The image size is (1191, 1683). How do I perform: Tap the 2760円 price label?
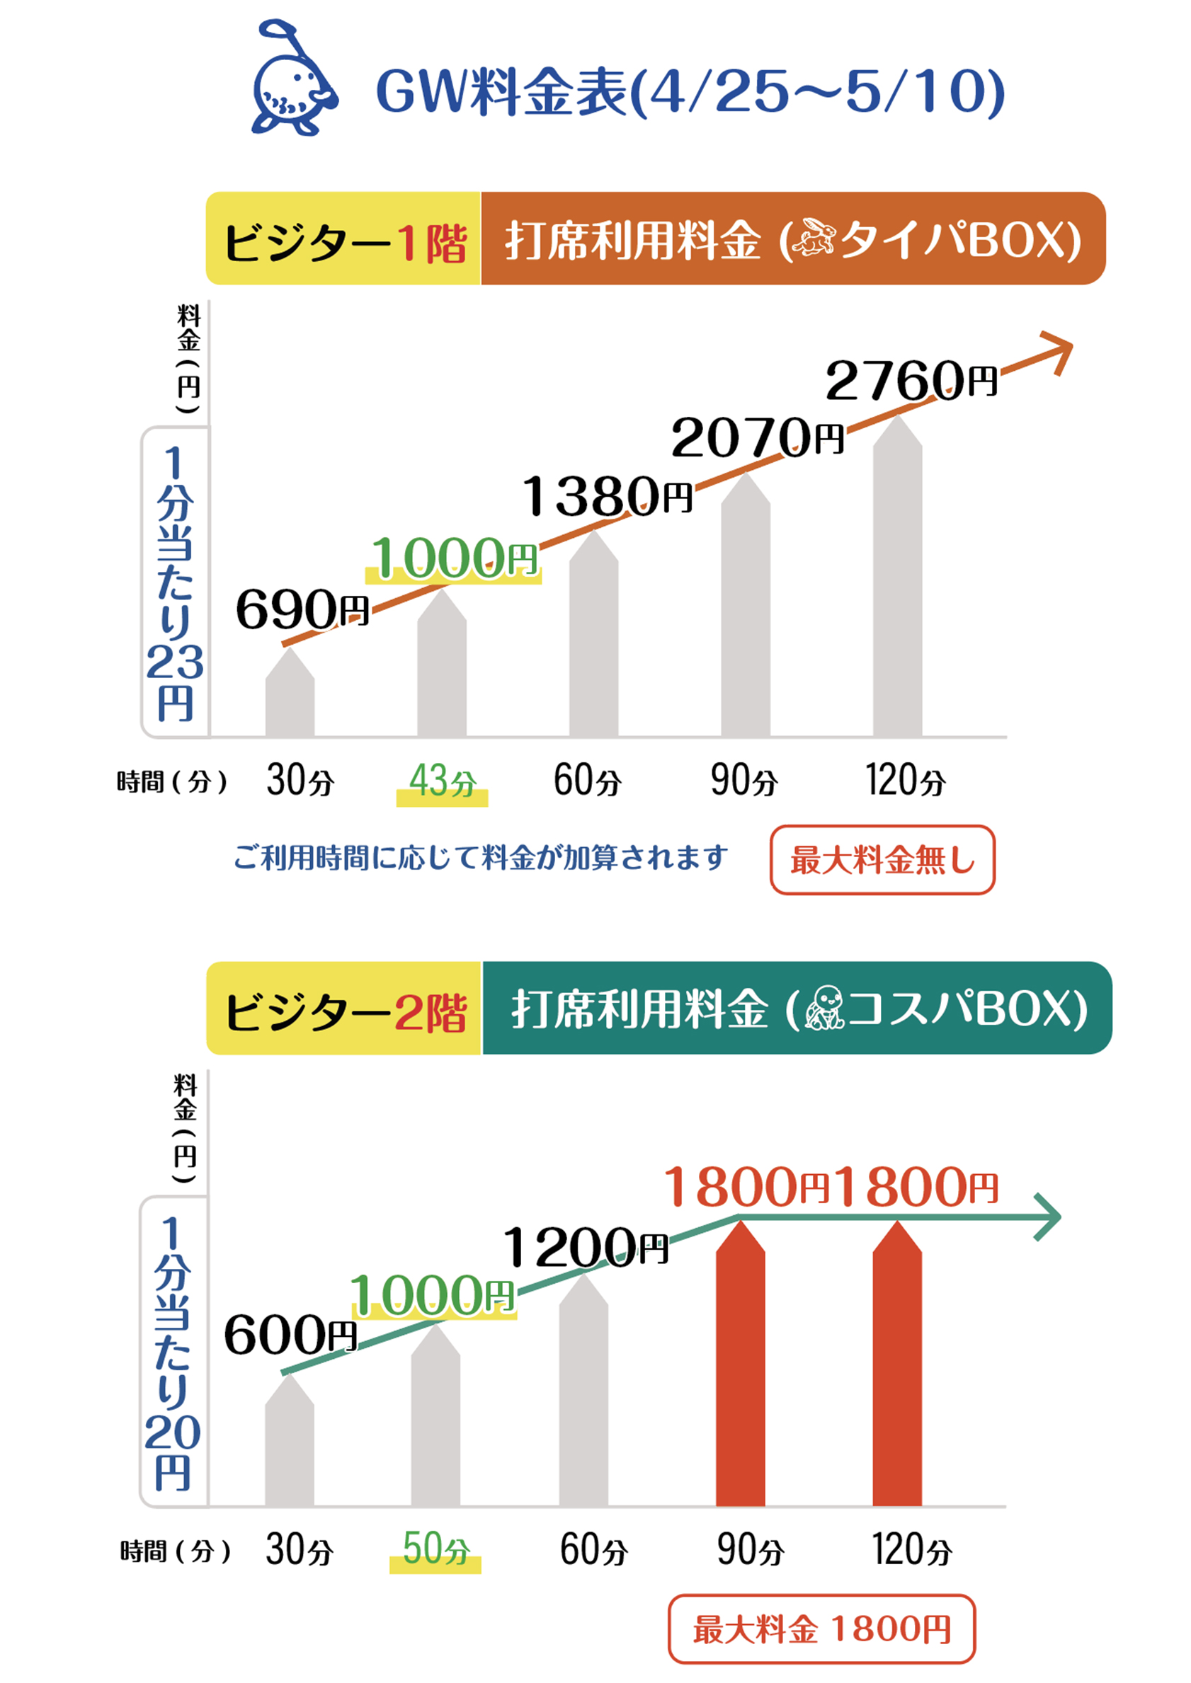pos(911,381)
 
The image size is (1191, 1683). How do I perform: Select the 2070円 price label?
pos(757,438)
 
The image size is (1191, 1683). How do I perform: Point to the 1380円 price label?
pos(607,496)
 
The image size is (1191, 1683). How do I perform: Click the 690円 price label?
pos(302,609)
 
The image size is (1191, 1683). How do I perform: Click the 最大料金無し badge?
pos(882,860)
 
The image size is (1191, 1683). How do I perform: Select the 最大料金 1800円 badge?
pos(821,1629)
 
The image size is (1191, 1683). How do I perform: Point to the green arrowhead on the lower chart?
pos(1049,1217)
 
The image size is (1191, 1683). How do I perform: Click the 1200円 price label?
pos(585,1247)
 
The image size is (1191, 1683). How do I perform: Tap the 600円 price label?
pos(290,1333)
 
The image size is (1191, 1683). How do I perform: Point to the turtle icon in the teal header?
pos(825,1008)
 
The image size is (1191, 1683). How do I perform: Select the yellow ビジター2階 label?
pos(344,1009)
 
